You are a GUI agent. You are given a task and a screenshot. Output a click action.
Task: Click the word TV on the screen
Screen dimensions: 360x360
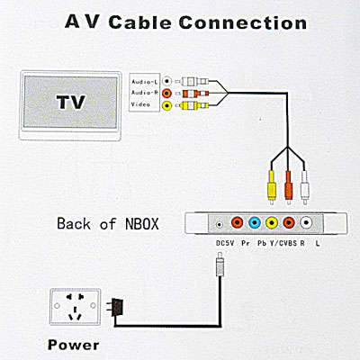[x=71, y=102]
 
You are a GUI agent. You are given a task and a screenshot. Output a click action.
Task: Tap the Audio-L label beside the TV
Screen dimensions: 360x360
[x=145, y=82]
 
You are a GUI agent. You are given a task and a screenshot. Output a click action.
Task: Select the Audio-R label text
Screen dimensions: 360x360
[x=145, y=93]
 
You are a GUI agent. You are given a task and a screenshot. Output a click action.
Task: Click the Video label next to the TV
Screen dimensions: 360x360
[x=140, y=104]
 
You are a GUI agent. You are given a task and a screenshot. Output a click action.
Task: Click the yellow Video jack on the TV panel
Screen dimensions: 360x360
[x=167, y=105]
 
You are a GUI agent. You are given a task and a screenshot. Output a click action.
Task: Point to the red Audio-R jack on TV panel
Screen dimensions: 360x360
[x=167, y=94]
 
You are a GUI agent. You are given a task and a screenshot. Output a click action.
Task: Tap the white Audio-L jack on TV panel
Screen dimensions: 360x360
[x=167, y=81]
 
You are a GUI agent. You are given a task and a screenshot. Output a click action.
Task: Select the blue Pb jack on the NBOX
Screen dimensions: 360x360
[x=255, y=222]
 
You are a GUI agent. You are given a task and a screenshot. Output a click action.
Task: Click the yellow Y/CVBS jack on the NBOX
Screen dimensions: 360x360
[x=272, y=222]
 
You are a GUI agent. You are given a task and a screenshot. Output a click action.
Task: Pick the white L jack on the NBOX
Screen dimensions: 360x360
[x=306, y=222]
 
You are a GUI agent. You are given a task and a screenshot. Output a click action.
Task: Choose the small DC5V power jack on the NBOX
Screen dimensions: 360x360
[x=220, y=224]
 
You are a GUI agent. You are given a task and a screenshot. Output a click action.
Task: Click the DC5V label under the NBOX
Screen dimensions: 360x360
[x=225, y=243]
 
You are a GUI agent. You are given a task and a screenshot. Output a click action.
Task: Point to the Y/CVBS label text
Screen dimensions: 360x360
[x=283, y=243]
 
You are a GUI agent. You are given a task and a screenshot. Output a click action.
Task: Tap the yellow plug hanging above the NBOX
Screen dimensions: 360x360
[x=272, y=187]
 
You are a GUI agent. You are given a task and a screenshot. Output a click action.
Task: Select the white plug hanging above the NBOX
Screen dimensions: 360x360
[x=305, y=187]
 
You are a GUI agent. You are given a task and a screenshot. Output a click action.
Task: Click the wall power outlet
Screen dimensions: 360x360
[x=75, y=307]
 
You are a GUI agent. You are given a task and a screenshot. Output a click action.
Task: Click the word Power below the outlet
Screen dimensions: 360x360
[x=74, y=345]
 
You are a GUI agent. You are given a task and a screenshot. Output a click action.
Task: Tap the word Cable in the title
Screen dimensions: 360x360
[x=140, y=22]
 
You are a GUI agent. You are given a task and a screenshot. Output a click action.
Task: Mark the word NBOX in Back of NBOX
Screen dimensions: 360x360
[x=142, y=223]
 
